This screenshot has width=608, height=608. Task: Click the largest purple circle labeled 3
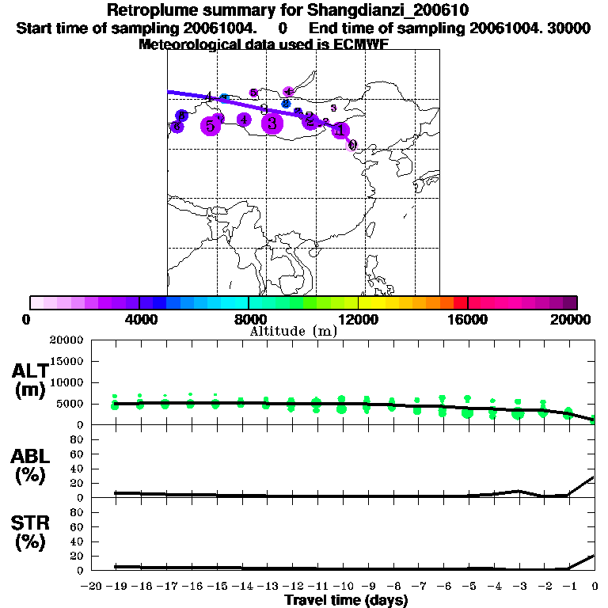(272, 123)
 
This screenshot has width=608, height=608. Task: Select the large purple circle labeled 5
(210, 126)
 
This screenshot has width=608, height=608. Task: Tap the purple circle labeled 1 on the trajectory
(340, 131)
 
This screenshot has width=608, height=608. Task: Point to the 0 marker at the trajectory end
(352, 145)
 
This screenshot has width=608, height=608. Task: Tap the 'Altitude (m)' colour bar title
(293, 331)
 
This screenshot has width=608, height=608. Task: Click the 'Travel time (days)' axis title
(346, 600)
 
